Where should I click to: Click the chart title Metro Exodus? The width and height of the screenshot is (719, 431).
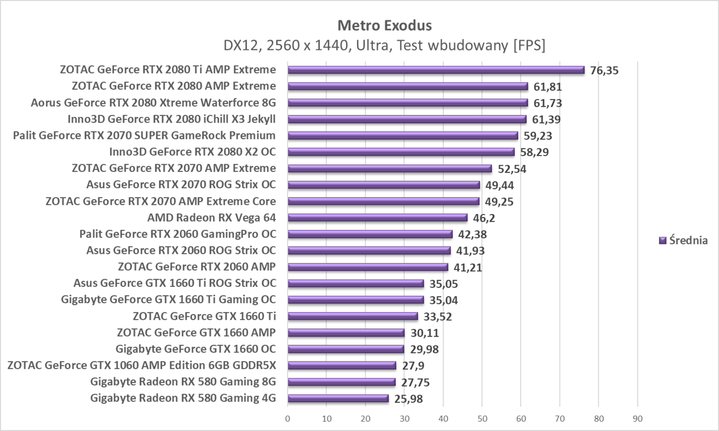pyautogui.click(x=384, y=25)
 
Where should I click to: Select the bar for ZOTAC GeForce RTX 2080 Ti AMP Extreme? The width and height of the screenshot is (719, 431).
pyautogui.click(x=436, y=70)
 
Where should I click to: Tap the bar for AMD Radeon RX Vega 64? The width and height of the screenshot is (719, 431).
pyautogui.click(x=377, y=218)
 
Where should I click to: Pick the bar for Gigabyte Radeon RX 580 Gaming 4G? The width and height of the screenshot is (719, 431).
pyautogui.click(x=338, y=398)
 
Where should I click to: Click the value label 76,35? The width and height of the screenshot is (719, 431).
pyautogui.click(x=604, y=70)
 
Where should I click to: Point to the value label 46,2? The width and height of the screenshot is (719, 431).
pyautogui.click(x=484, y=218)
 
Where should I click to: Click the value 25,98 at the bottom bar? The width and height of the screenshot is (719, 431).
pyautogui.click(x=409, y=399)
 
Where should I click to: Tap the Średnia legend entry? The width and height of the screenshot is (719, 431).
pyautogui.click(x=683, y=240)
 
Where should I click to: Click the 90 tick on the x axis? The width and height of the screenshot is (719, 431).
pyautogui.click(x=637, y=419)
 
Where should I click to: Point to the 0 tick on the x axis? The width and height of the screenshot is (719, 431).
pyautogui.click(x=288, y=419)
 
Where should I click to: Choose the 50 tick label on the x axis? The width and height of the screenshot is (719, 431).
pyautogui.click(x=482, y=419)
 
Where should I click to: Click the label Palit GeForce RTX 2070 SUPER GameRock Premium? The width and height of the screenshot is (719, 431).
pyautogui.click(x=144, y=135)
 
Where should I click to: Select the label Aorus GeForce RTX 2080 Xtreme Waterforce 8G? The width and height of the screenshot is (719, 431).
pyautogui.click(x=153, y=103)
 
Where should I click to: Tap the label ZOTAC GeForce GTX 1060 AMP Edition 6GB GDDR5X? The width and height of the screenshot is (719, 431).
pyautogui.click(x=142, y=365)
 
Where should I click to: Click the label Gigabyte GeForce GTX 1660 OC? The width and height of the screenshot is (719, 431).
pyautogui.click(x=196, y=349)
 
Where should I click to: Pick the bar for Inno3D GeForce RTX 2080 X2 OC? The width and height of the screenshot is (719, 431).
pyautogui.click(x=401, y=152)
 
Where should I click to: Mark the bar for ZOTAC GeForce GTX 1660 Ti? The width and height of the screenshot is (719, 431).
pyautogui.click(x=353, y=316)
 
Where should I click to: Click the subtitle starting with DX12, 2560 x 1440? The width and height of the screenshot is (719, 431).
pyautogui.click(x=384, y=45)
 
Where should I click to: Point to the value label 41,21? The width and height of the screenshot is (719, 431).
pyautogui.click(x=468, y=267)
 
